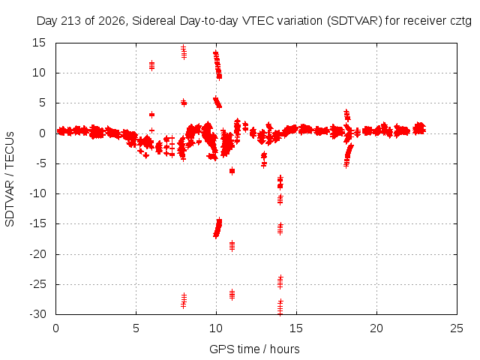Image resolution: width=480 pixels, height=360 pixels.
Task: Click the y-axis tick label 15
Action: coord(39,43)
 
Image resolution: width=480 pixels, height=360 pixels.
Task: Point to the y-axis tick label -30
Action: coord(37,314)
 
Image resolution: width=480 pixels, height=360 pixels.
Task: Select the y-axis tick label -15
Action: coord(37,223)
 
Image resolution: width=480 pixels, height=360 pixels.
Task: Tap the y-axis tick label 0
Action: coord(42,133)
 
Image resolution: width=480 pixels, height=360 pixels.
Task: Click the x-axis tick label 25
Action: coord(457,328)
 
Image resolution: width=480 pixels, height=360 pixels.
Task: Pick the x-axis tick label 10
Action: coord(216,328)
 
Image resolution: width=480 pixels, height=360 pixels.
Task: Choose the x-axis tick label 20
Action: coord(376,328)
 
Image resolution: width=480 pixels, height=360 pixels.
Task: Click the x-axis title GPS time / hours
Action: coord(254,349)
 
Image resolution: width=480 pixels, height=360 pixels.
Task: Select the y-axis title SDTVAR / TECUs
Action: coord(10,179)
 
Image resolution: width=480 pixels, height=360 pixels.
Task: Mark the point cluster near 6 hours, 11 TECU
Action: coord(151,65)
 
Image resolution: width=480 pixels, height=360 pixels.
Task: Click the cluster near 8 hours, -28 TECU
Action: coord(184,301)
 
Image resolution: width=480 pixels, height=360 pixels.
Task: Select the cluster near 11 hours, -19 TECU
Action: coord(232,246)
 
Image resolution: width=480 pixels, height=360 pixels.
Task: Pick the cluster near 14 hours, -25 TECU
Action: coord(280,282)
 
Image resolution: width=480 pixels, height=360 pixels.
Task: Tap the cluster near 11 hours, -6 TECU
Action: coord(232,171)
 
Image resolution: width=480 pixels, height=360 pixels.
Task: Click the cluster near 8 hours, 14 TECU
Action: coord(184,52)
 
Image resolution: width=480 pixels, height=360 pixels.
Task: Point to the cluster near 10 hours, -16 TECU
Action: coord(217,228)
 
